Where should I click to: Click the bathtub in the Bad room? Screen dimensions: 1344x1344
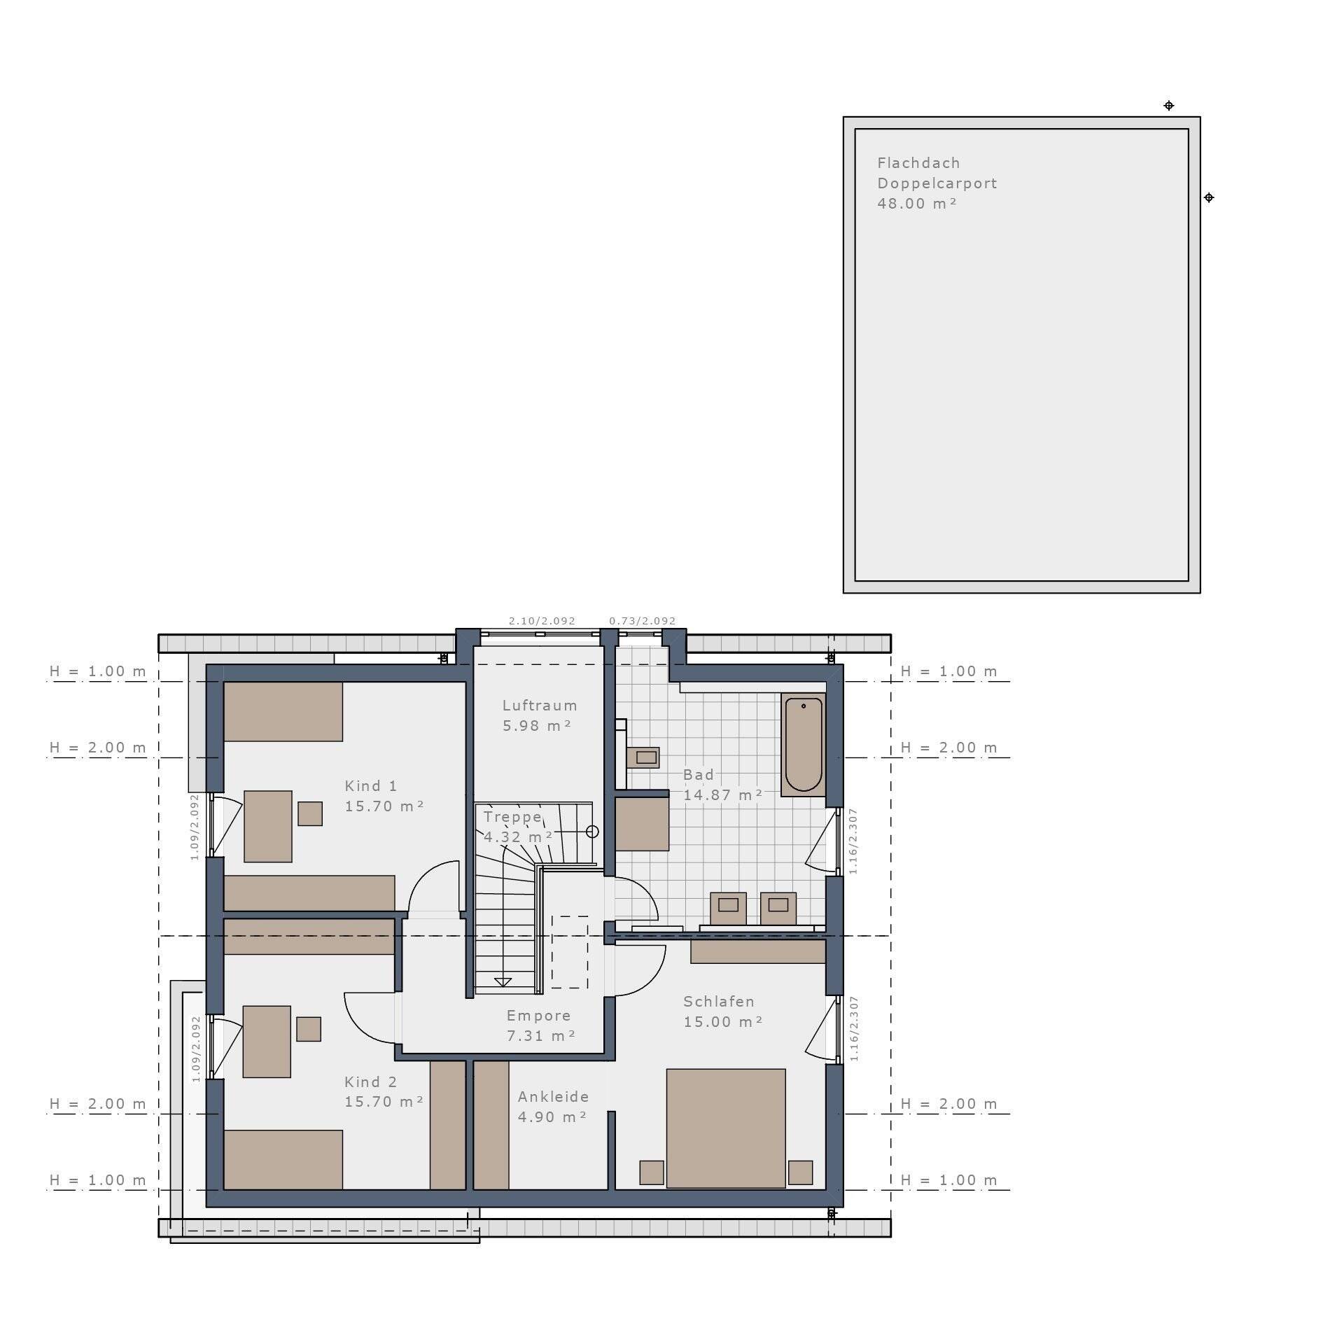[803, 744]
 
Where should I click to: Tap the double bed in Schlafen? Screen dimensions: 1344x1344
[725, 1128]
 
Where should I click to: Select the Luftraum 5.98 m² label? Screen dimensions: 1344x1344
[540, 715]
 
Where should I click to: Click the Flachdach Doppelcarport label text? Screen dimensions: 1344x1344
[937, 173]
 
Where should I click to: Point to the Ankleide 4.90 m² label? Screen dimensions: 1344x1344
[553, 1107]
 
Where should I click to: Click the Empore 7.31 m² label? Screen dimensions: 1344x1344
[540, 1025]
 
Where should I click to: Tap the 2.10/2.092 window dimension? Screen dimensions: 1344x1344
[542, 621]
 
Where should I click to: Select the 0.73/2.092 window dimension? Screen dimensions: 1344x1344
[642, 621]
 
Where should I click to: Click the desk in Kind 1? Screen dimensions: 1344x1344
[268, 826]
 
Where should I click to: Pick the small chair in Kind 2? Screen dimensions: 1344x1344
[309, 1029]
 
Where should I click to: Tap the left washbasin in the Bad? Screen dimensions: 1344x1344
[729, 908]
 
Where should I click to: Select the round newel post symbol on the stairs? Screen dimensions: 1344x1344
[592, 832]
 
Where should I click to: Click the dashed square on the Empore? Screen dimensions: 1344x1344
[569, 952]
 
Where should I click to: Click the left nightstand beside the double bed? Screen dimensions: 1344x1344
[652, 1172]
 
